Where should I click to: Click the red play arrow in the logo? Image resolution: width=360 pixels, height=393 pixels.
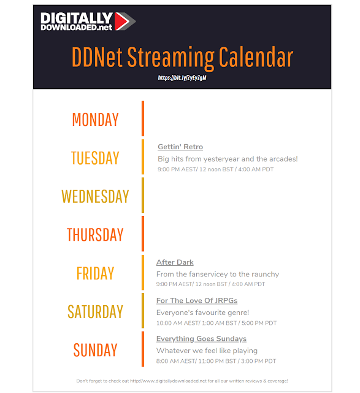121,21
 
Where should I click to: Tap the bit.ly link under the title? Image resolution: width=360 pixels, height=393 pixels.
182,78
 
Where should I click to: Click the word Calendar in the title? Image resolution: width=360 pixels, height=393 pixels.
256,56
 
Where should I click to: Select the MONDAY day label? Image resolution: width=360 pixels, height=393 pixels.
96,119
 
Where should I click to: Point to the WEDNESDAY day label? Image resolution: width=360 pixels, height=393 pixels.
95,196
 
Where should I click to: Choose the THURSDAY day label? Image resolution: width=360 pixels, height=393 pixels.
95,235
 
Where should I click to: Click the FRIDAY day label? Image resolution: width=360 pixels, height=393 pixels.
96,273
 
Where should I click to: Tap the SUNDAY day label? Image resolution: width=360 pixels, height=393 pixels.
96,349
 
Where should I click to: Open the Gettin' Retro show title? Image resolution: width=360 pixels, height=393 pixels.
180,147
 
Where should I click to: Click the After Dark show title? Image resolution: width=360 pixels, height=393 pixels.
175,262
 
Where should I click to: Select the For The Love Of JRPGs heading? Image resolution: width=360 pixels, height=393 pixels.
197,300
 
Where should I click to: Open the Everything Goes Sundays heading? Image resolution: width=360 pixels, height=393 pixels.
201,339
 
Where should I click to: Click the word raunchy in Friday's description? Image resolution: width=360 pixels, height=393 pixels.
265,274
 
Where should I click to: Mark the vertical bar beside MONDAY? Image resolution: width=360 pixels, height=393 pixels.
143,119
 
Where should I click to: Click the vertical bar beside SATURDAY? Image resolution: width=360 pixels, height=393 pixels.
143,311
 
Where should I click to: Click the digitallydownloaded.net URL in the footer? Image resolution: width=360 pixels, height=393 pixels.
168,381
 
